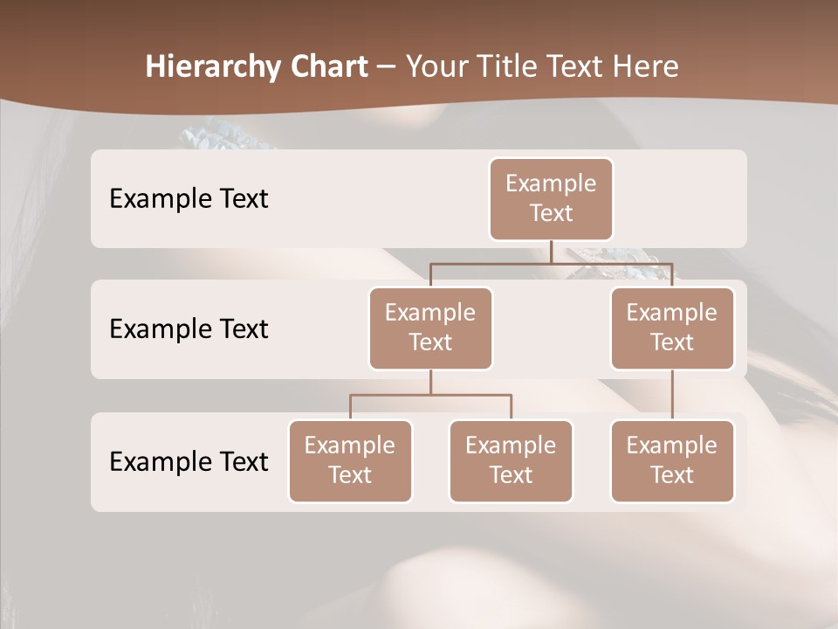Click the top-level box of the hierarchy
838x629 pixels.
[x=551, y=198]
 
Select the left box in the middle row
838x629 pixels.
[x=430, y=328]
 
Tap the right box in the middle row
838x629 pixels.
[x=672, y=328]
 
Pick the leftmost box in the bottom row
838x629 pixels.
[x=350, y=460]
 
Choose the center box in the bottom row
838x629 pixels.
[x=511, y=460]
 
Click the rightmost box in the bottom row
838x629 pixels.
[x=672, y=460]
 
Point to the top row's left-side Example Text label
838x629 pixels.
[x=189, y=198]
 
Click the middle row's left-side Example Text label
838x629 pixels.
[x=189, y=328]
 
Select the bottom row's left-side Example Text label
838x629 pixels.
[x=189, y=461]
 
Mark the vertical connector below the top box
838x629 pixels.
[x=551, y=252]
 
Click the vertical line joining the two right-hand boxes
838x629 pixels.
[x=672, y=395]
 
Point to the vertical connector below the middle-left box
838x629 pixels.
[x=430, y=383]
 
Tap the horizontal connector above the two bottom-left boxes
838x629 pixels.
[x=430, y=395]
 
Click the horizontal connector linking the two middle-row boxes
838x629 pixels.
[x=551, y=263]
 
